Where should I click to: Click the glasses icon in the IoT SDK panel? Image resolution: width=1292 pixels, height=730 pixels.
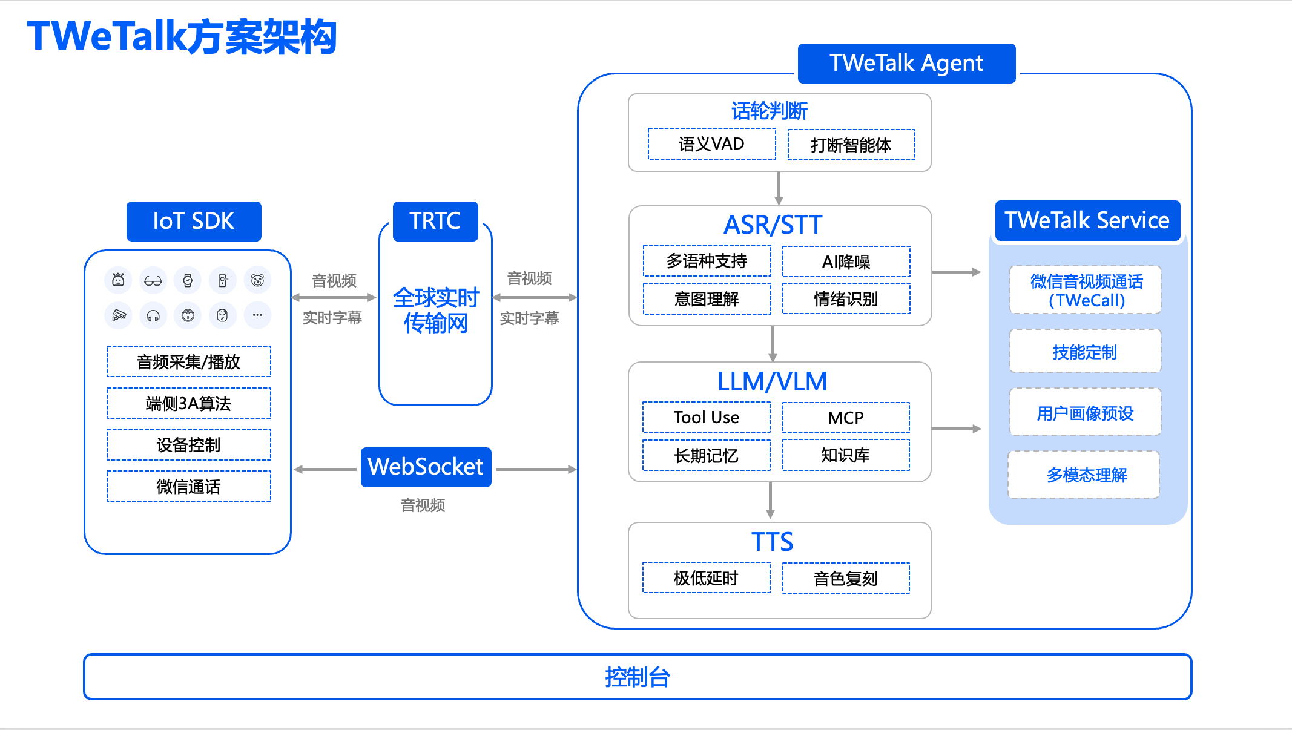click(153, 281)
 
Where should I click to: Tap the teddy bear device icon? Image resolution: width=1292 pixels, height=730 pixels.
click(257, 280)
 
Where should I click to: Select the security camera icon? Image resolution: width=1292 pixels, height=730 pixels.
click(119, 315)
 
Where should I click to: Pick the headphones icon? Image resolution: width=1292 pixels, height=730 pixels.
click(153, 315)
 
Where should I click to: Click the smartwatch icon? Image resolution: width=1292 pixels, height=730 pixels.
click(188, 280)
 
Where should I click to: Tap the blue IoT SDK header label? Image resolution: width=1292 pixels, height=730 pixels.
click(194, 221)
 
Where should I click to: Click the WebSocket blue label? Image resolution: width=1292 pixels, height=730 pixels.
click(426, 467)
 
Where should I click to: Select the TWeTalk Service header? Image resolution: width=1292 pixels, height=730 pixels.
click(1087, 220)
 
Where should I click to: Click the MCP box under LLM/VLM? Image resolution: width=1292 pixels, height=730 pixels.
click(846, 418)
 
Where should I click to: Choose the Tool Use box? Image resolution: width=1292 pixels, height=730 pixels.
click(707, 418)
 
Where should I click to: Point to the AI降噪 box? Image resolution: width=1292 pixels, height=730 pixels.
click(846, 261)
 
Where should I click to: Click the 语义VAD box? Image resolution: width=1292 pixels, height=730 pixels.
click(711, 144)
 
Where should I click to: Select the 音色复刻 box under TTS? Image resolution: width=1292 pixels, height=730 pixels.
click(846, 578)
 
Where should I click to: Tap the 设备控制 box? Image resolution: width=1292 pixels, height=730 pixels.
click(188, 445)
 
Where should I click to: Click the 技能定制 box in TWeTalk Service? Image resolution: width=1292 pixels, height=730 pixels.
click(1085, 352)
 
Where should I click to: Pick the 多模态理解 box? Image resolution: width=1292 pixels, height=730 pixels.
click(1085, 475)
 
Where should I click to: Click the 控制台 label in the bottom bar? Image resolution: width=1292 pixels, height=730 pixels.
click(638, 677)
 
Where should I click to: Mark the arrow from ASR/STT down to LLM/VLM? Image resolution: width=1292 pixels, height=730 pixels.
click(773, 344)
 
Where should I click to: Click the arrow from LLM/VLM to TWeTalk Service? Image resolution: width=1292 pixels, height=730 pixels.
click(956, 429)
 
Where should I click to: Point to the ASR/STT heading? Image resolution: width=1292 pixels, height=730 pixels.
click(773, 225)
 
